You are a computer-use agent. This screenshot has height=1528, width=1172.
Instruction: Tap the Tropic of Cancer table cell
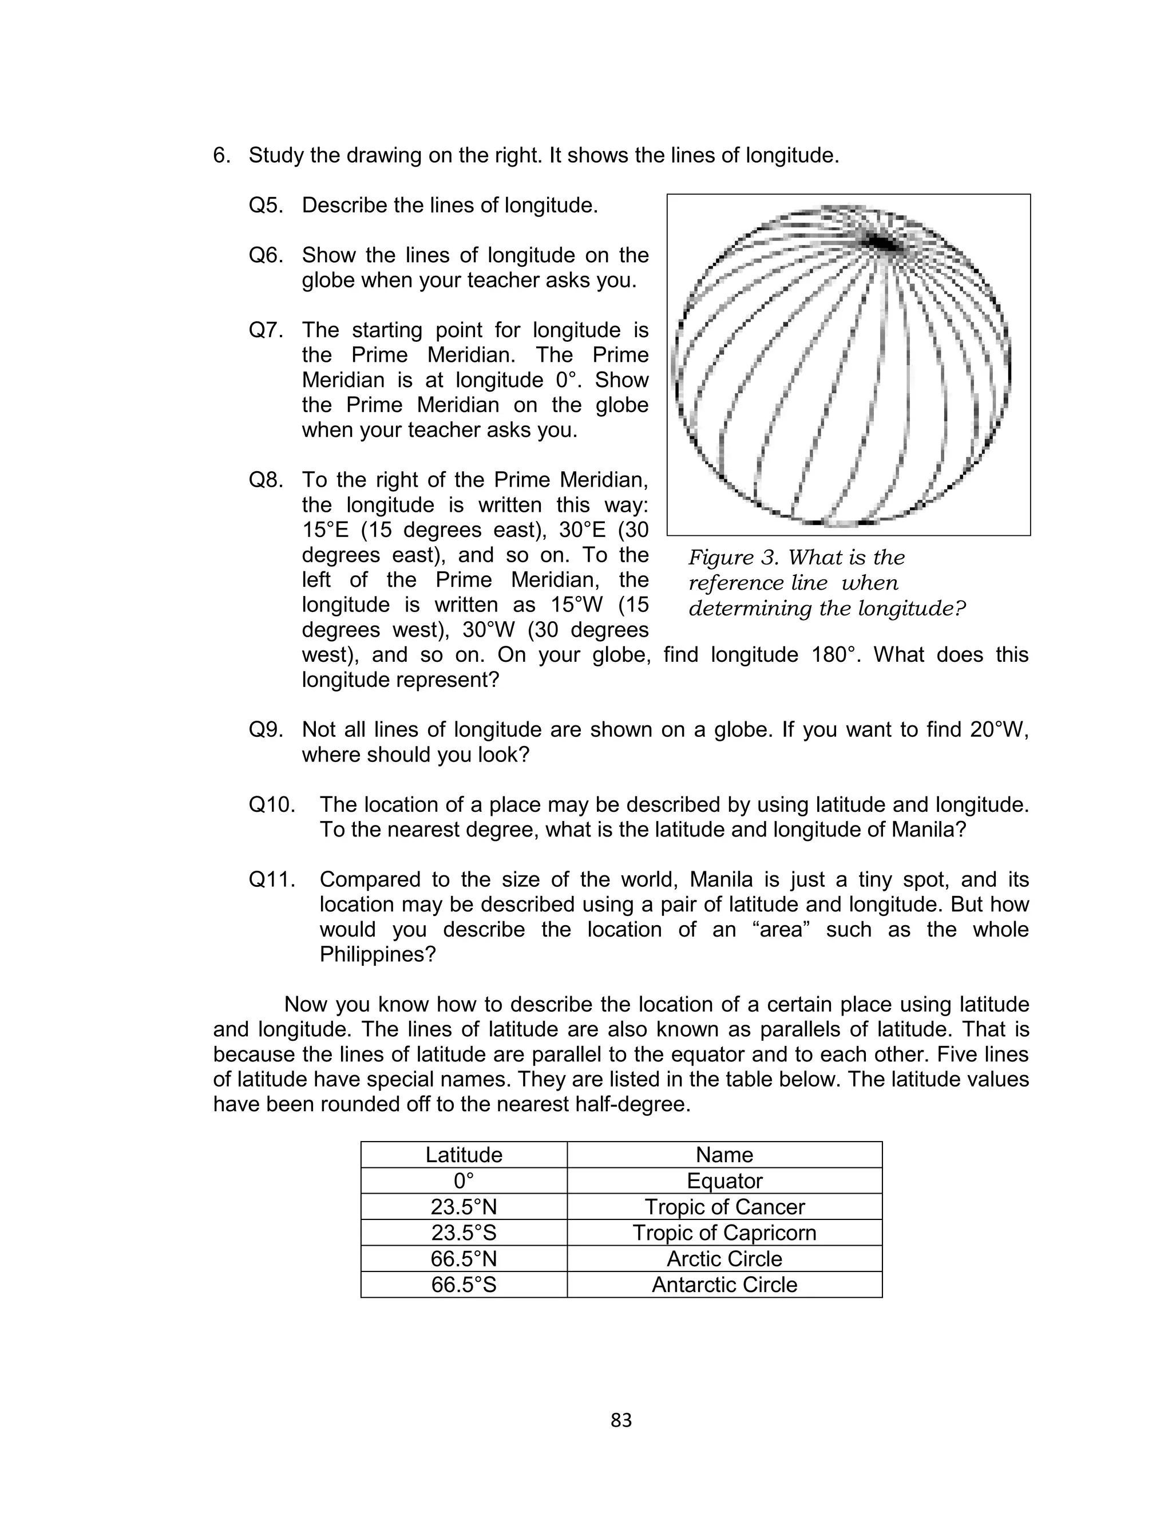[x=724, y=1206]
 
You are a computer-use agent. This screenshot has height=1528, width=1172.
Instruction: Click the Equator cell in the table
[x=724, y=1180]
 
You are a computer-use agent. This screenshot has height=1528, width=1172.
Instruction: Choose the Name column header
[x=724, y=1155]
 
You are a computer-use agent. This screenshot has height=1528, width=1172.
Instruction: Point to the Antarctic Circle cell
[x=724, y=1285]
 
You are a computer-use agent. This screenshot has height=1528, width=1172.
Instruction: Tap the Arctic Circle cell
[x=724, y=1259]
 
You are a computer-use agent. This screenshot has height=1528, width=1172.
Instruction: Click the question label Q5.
[x=266, y=206]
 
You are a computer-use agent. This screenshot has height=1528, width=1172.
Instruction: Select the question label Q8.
[x=266, y=480]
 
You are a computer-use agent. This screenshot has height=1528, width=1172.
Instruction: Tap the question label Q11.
[x=271, y=880]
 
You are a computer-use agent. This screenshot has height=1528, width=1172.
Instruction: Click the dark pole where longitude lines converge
[x=882, y=243]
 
